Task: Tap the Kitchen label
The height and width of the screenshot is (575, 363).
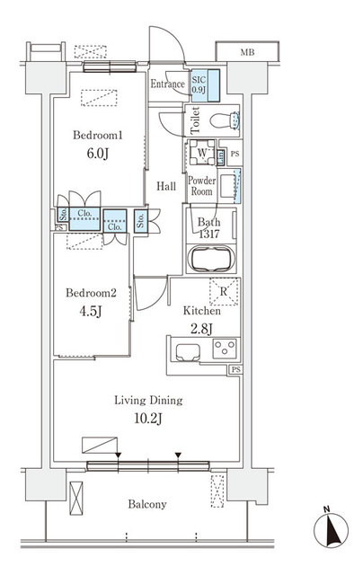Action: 203,311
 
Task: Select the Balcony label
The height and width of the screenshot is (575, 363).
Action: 146,505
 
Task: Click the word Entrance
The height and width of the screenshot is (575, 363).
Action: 168,84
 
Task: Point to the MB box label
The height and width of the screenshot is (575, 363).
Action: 246,53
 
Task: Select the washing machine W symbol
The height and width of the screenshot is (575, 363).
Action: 203,154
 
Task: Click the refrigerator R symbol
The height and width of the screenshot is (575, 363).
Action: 224,289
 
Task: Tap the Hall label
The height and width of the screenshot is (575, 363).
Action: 166,187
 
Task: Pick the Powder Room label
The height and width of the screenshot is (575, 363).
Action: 200,186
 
